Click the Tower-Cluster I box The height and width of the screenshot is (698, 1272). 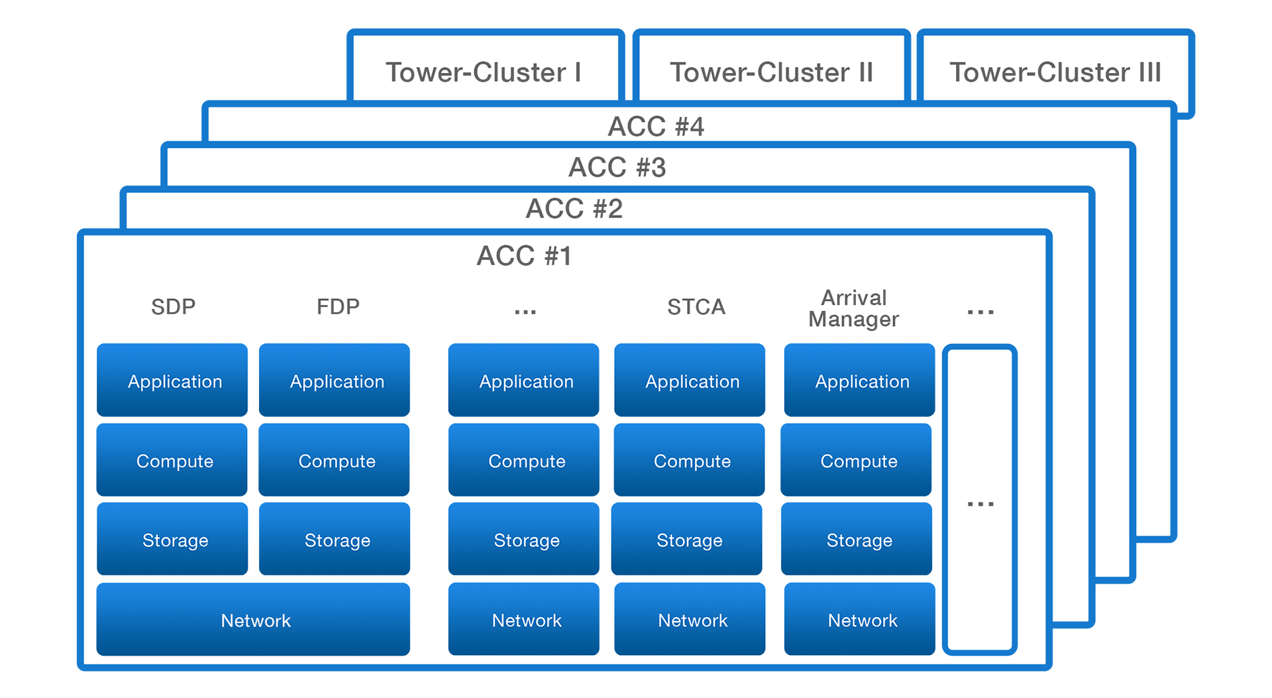point(484,72)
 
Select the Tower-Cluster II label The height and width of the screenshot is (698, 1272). point(771,72)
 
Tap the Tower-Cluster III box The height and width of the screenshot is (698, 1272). point(1055,72)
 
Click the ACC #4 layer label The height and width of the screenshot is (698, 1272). point(656,126)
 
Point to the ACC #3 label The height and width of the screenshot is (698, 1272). point(617,167)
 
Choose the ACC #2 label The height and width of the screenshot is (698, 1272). point(574,209)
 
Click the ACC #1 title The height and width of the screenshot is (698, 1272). point(524,256)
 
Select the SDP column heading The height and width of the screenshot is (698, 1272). point(173,307)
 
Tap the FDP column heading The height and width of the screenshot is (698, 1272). point(338,307)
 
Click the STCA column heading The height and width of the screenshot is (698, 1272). point(696,307)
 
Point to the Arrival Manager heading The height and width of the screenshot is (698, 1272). point(853,308)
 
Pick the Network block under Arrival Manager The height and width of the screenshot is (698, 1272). point(859,619)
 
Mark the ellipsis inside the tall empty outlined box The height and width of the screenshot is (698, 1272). point(980,504)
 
